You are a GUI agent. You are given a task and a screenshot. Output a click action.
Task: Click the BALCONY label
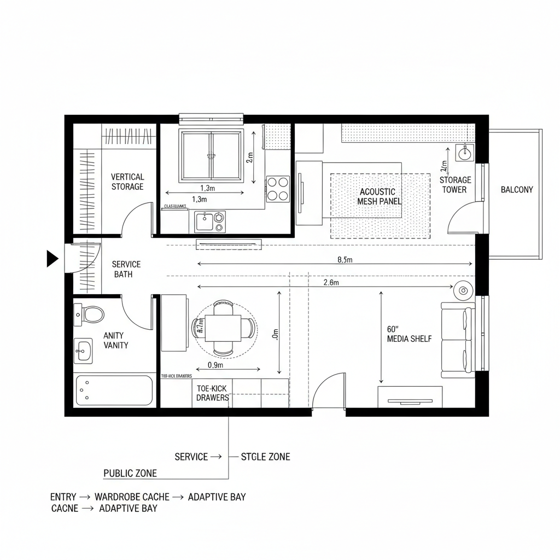click(x=517, y=190)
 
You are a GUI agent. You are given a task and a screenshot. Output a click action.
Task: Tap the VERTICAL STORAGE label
click(x=127, y=182)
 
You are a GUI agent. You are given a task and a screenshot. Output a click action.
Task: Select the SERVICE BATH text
click(x=126, y=269)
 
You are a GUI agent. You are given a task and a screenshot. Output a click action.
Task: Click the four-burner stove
click(x=278, y=189)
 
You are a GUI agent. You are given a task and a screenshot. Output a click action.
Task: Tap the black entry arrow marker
click(x=52, y=258)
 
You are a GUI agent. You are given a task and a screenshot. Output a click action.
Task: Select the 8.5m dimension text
click(x=345, y=260)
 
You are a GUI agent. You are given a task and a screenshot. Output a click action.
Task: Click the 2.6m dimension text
click(x=331, y=283)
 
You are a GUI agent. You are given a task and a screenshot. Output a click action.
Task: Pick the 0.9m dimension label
click(x=215, y=365)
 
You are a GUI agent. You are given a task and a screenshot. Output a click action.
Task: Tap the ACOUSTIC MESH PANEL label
click(x=379, y=196)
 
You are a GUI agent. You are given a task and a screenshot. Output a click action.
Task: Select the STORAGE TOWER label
click(x=455, y=185)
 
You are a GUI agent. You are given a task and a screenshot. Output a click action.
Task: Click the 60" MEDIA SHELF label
click(x=409, y=334)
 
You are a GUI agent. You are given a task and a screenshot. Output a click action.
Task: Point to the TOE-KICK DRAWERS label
click(x=213, y=393)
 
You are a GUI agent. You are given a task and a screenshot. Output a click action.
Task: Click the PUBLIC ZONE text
click(x=130, y=473)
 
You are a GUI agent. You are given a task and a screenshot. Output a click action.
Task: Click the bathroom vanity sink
click(x=84, y=349)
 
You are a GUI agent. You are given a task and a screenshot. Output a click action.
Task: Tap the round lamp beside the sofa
click(x=464, y=290)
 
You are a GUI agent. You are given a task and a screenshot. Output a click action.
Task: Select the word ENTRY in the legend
click(x=63, y=497)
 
